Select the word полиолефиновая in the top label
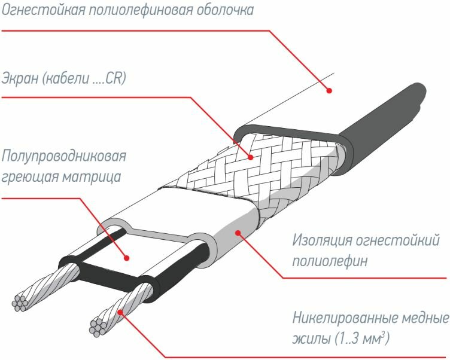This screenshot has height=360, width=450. point(139,11)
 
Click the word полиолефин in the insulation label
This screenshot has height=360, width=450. point(329,262)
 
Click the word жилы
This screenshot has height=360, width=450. point(308,339)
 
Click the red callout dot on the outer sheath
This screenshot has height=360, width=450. point(329,91)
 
